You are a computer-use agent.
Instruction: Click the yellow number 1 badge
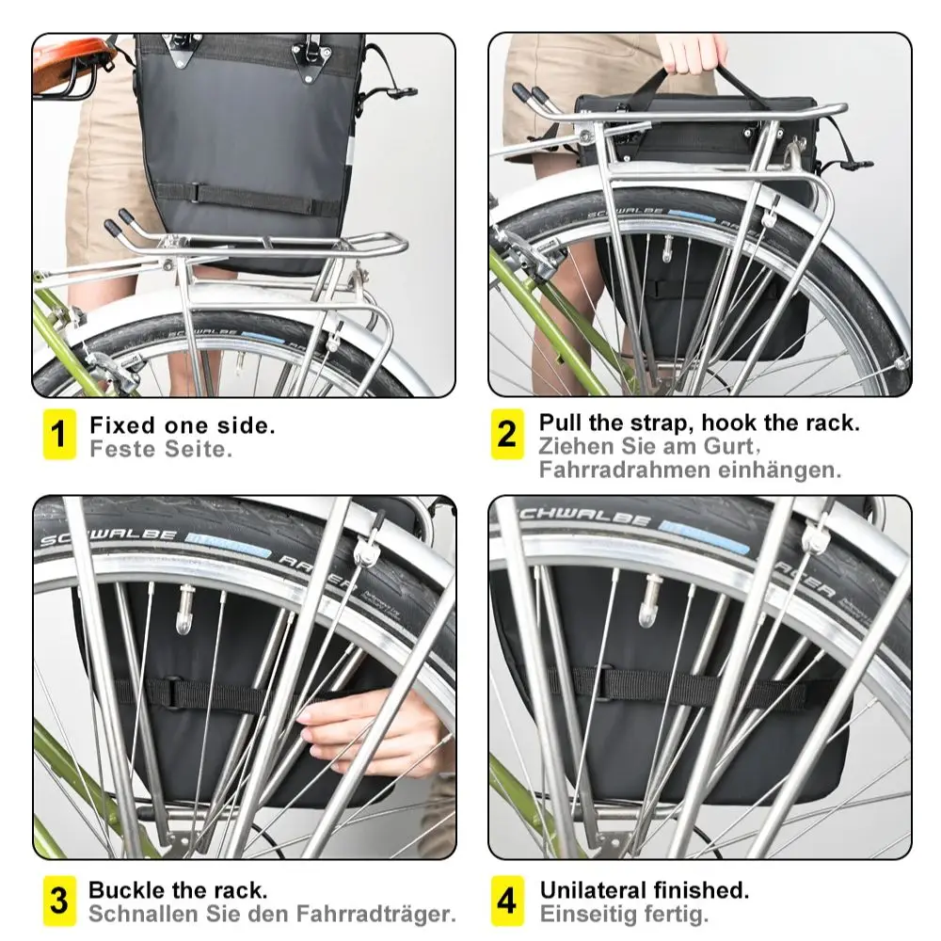[59, 434]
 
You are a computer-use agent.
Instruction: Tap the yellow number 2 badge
[507, 434]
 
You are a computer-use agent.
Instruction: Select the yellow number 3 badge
[59, 901]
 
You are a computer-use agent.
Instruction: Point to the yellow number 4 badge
[507, 901]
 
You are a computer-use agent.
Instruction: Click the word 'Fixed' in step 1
[122, 425]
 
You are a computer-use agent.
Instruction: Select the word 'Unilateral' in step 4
[592, 889]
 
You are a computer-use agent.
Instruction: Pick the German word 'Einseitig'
[590, 915]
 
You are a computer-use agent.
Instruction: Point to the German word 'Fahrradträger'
[376, 915]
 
